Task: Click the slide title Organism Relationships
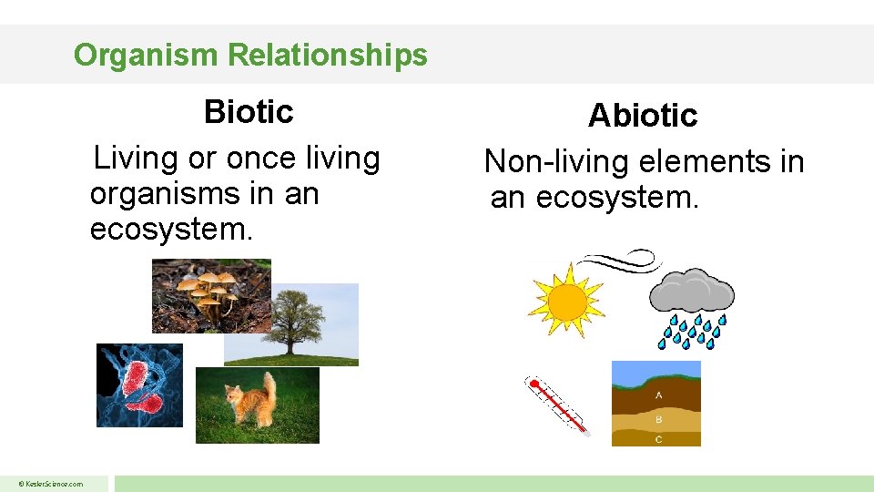(250, 56)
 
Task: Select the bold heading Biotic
(249, 112)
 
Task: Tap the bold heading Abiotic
(642, 116)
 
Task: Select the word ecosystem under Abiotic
(616, 197)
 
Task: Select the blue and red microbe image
(139, 385)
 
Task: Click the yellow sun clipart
(566, 299)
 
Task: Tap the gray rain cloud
(691, 293)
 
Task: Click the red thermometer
(557, 405)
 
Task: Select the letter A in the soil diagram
(658, 395)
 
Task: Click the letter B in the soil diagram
(658, 420)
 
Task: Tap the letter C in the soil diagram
(658, 439)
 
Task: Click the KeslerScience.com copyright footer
(53, 484)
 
